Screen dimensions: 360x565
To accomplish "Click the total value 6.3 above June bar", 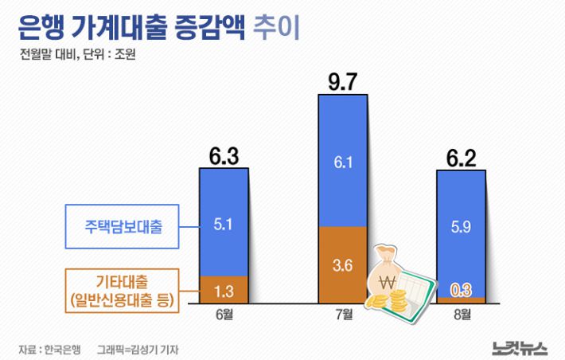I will (224, 156).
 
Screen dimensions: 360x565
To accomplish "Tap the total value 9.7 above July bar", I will (342, 82).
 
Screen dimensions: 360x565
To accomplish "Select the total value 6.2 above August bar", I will (461, 157).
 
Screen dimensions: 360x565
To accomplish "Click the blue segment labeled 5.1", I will (224, 223).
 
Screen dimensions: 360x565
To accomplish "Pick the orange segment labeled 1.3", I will (224, 289).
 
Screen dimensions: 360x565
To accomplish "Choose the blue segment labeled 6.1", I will (342, 161).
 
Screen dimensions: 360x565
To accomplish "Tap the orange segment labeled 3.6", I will (342, 264).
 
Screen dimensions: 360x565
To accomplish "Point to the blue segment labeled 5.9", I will (461, 227).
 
